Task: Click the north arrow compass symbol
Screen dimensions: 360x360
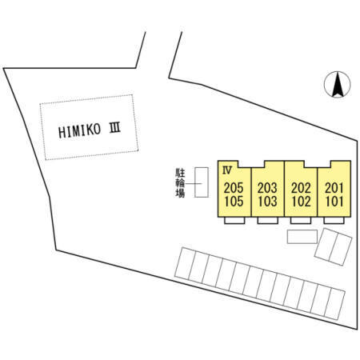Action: [337, 85]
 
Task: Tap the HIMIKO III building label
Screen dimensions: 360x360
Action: [90, 130]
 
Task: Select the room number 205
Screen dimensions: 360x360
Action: [234, 188]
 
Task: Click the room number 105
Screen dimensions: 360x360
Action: [234, 202]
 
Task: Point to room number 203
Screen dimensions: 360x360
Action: [267, 188]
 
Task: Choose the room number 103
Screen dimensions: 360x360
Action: [267, 202]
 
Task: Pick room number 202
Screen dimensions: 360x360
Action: [301, 188]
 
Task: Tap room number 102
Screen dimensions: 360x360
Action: [301, 202]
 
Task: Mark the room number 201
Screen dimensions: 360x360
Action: [334, 188]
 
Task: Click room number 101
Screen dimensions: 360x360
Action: [334, 202]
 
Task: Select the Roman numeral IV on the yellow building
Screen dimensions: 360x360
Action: [227, 170]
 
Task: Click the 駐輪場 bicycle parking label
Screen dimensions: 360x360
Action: [180, 183]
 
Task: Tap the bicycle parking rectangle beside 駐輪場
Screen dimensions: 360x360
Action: [202, 182]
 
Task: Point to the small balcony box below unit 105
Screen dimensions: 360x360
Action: [234, 221]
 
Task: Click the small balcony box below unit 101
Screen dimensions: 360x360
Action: [334, 221]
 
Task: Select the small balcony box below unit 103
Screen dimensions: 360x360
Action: [268, 221]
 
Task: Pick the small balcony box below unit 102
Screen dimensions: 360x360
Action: [301, 221]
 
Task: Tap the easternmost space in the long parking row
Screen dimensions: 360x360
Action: [334, 304]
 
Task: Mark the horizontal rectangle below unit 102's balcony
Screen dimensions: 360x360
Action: [302, 237]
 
